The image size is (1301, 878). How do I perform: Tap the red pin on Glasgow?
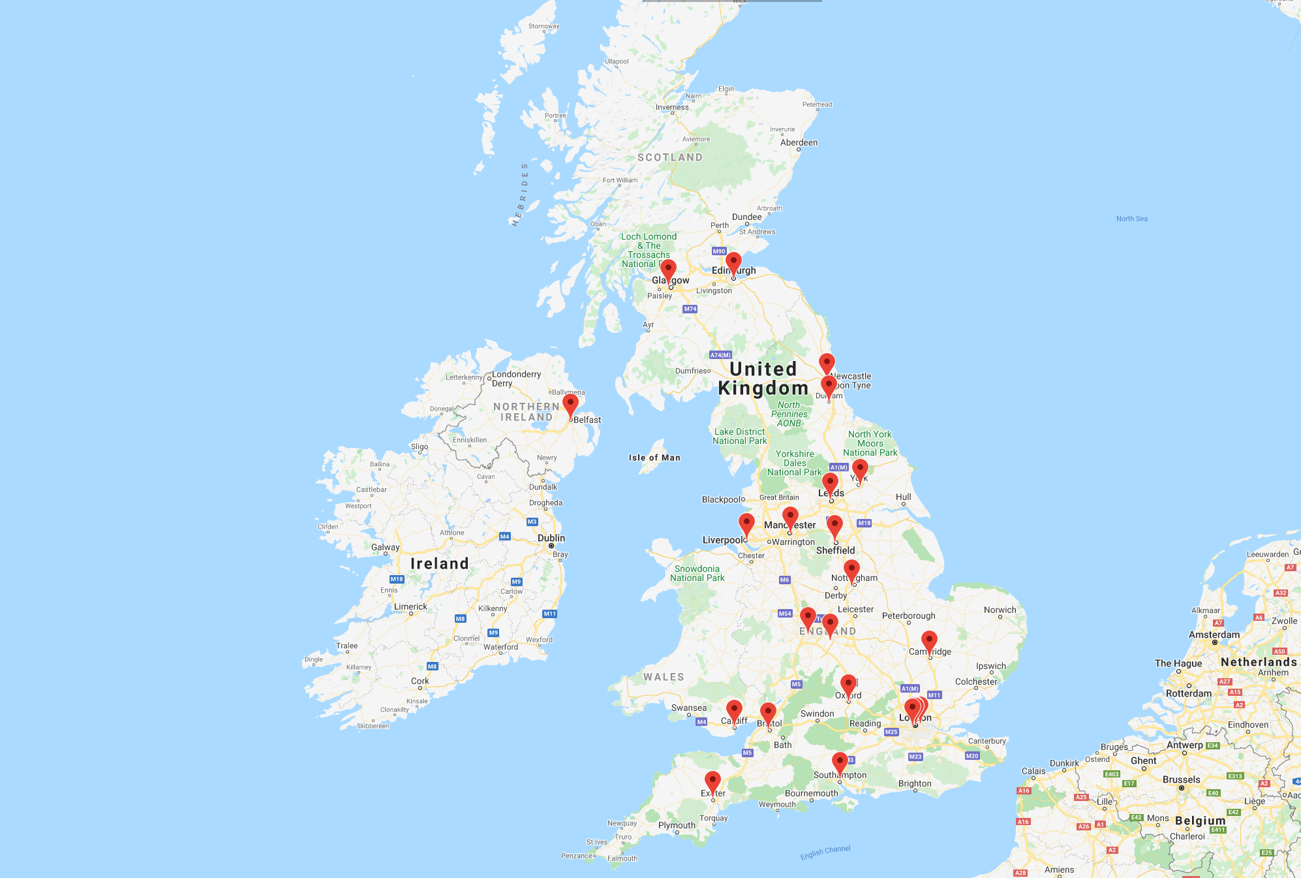pos(668,269)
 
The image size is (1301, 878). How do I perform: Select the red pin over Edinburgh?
pos(733,262)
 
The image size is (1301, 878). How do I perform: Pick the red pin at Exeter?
pos(712,781)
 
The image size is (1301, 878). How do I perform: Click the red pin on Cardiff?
pos(734,710)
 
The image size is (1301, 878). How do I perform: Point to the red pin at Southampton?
pos(840,762)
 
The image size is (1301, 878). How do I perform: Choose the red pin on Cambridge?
pos(929,640)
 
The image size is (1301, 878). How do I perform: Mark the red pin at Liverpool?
pos(746,523)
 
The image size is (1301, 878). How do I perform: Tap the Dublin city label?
pos(551,538)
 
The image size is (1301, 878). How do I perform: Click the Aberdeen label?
pos(799,142)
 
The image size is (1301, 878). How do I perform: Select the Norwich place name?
pos(1000,610)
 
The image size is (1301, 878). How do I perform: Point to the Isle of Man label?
pos(654,458)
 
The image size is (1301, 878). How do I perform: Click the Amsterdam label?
pos(1214,635)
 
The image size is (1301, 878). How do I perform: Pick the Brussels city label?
pos(1181,779)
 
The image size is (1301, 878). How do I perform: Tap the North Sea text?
pos(1131,219)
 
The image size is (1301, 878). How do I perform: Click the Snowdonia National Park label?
pos(697,573)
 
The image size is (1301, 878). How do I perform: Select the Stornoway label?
pos(543,27)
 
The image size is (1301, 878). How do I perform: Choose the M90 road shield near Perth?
pos(719,251)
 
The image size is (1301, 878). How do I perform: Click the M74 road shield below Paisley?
pos(690,309)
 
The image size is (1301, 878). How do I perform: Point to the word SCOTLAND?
pos(670,157)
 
